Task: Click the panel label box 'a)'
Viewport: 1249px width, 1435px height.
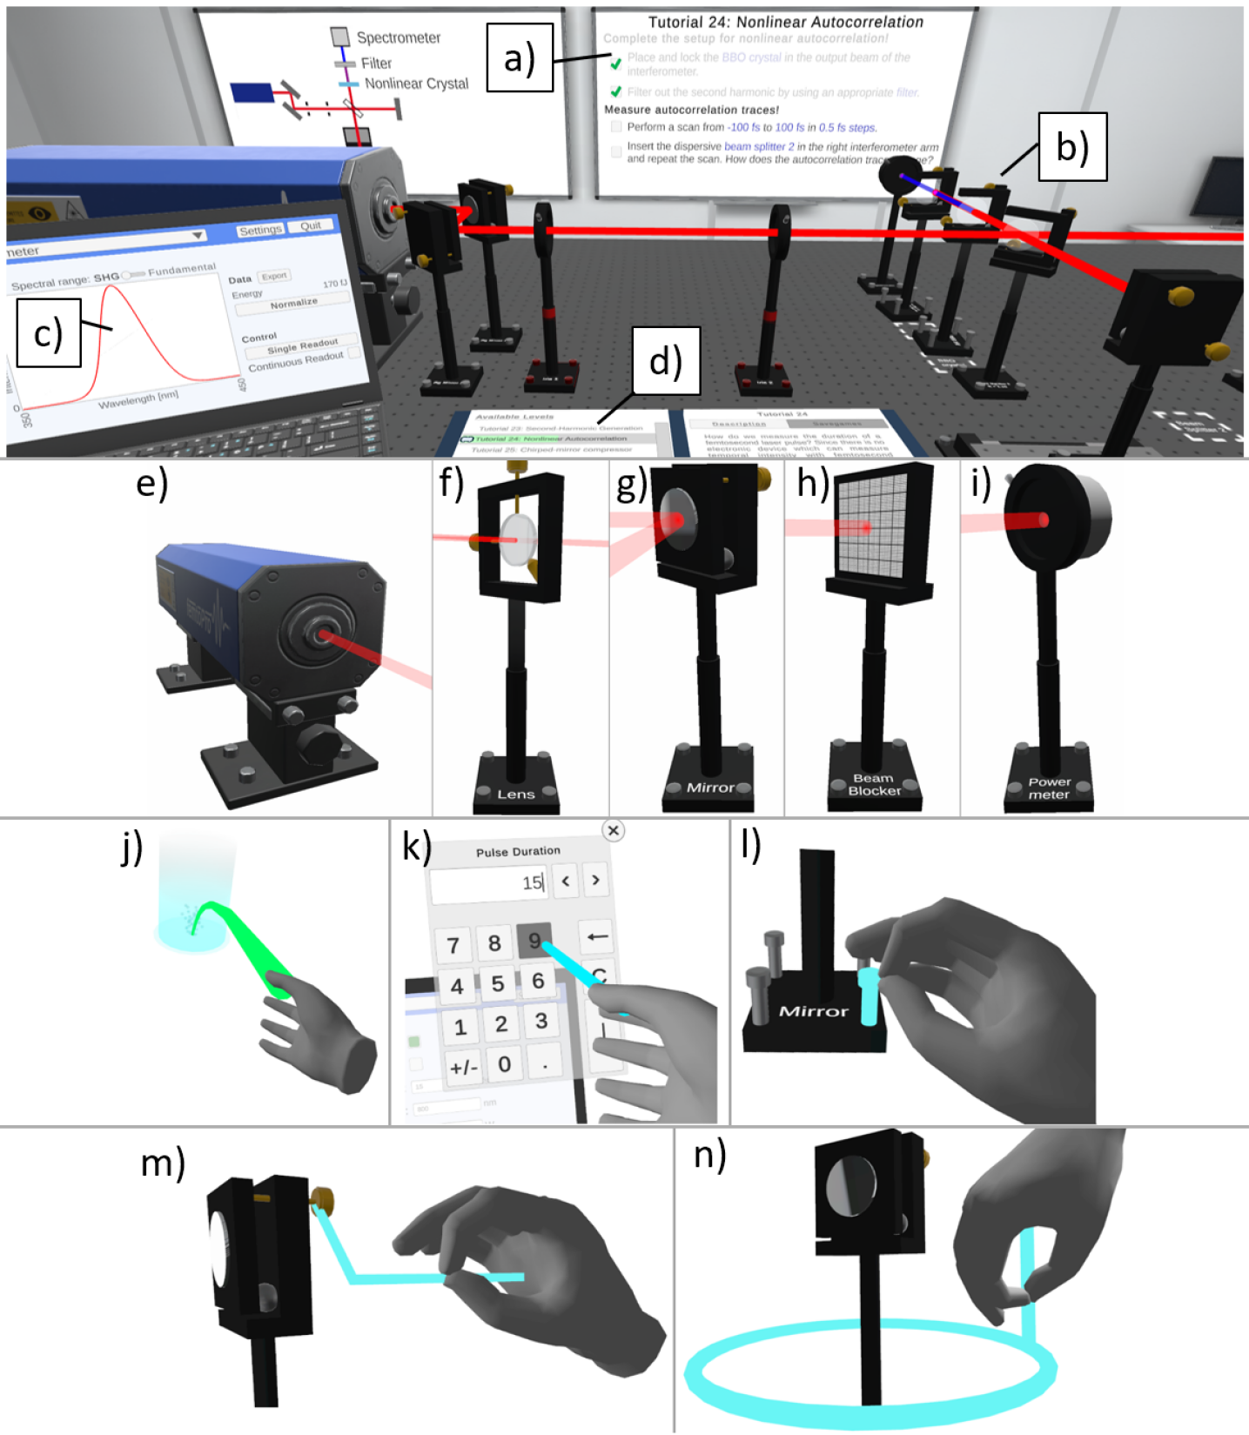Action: tap(520, 58)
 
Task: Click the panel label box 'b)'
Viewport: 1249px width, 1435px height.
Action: tap(1071, 146)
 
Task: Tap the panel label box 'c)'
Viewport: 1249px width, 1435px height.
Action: tap(49, 333)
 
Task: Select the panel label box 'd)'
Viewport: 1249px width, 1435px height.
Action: tap(666, 360)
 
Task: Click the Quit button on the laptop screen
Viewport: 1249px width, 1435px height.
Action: tap(311, 226)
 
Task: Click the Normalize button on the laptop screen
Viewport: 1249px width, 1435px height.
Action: tap(293, 304)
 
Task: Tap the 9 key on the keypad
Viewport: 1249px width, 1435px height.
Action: tap(534, 940)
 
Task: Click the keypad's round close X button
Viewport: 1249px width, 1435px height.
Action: tap(613, 830)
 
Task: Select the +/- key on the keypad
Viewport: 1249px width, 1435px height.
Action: tap(464, 1066)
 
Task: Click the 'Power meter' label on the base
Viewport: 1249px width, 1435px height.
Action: tap(1049, 788)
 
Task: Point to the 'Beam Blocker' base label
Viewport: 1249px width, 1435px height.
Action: tap(874, 784)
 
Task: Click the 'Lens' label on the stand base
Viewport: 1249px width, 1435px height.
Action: tap(515, 794)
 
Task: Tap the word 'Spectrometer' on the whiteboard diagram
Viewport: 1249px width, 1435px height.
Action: tap(399, 37)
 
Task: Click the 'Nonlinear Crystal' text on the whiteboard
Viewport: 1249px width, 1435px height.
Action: tap(416, 84)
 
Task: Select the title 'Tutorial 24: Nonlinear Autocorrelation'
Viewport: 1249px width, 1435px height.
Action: tap(785, 22)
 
